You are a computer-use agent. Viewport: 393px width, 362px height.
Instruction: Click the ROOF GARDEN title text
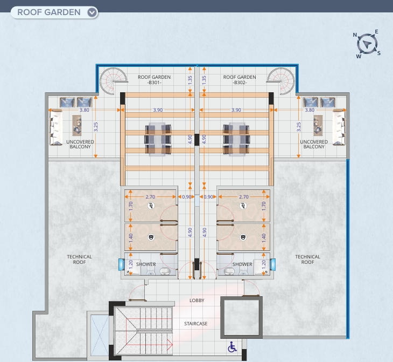click(48, 12)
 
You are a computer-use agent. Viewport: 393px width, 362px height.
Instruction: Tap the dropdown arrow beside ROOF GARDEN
click(92, 12)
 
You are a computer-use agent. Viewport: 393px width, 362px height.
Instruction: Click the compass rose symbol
click(368, 44)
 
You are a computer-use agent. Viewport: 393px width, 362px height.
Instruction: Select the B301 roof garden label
click(155, 80)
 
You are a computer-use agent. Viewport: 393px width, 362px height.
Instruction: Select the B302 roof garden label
click(240, 80)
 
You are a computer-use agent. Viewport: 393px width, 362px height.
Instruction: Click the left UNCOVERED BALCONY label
click(80, 144)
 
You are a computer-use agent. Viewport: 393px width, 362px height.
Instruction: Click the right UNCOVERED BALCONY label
click(314, 144)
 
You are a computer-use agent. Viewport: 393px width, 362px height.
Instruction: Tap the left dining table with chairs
click(159, 138)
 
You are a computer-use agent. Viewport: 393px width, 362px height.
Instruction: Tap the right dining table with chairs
click(236, 138)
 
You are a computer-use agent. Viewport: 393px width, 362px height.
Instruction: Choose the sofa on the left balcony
click(56, 127)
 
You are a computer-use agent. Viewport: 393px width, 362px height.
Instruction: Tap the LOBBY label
click(196, 300)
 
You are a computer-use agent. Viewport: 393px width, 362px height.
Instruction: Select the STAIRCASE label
click(196, 323)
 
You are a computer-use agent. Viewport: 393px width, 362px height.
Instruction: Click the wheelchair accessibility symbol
click(233, 347)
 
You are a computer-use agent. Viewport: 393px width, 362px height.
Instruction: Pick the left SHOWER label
click(146, 264)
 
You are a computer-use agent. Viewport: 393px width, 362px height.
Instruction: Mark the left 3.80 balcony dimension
click(85, 110)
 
